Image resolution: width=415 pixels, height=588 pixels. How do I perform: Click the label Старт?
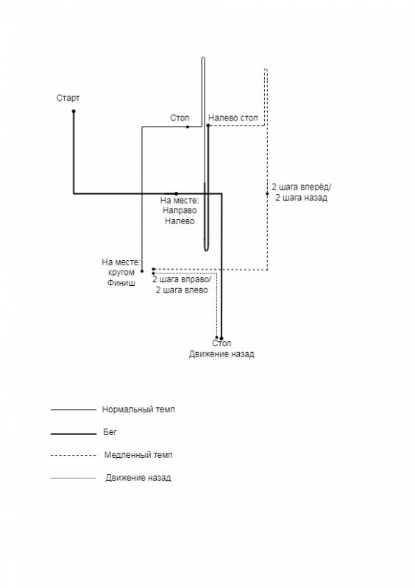(x=68, y=98)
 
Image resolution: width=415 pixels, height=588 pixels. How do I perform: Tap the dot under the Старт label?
(x=74, y=111)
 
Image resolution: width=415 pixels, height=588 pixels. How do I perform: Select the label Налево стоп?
(x=233, y=118)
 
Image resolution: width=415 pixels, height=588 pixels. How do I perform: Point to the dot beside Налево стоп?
(x=208, y=125)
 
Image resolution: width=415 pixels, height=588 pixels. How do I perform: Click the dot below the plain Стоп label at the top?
(x=188, y=126)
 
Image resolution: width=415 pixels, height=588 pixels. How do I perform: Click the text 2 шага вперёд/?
(x=302, y=187)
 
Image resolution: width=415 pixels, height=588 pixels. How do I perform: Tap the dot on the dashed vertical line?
(x=267, y=193)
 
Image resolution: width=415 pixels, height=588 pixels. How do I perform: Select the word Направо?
(x=180, y=210)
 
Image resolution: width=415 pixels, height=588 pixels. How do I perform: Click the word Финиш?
(x=121, y=282)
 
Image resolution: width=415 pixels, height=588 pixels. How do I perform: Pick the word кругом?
(x=121, y=272)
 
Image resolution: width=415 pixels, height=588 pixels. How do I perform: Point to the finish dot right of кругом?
(x=142, y=270)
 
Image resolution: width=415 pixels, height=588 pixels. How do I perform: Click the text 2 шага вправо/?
(x=182, y=280)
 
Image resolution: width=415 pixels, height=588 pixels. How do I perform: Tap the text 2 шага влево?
(x=182, y=290)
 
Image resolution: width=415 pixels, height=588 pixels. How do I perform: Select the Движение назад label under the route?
(x=221, y=354)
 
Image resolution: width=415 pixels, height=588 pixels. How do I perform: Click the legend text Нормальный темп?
(x=138, y=409)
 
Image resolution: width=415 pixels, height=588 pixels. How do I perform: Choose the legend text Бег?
(x=110, y=432)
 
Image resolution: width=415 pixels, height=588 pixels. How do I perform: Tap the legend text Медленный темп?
(x=138, y=455)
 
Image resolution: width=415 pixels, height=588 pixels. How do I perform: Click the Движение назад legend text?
(x=138, y=478)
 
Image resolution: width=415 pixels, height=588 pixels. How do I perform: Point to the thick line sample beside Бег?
(x=74, y=434)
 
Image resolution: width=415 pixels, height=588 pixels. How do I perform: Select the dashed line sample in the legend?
(x=74, y=455)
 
